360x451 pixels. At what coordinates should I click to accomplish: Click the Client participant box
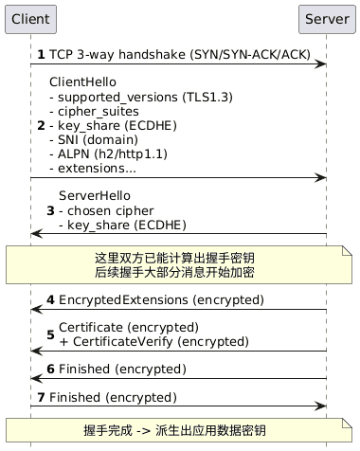coord(30,18)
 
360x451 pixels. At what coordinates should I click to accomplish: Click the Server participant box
coord(326,18)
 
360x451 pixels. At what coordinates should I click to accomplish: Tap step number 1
coord(41,55)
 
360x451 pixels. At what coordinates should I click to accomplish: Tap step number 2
coord(40,125)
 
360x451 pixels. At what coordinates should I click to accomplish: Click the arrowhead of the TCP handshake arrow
coord(322,63)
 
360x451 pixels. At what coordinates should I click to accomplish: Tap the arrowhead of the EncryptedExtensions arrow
coord(36,309)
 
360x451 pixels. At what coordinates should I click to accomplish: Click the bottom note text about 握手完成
coord(180,430)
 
